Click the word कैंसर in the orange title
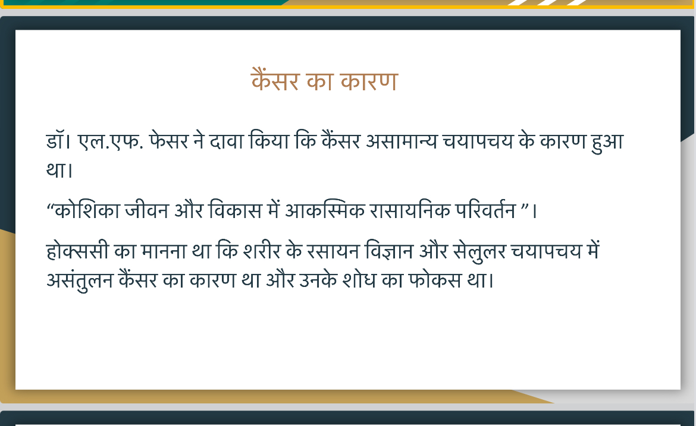(x=275, y=80)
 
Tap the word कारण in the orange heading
(x=369, y=81)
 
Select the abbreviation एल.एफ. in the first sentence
(x=111, y=141)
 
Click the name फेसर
(x=169, y=140)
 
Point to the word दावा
(x=227, y=141)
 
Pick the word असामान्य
(x=402, y=141)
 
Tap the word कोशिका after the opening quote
(x=87, y=210)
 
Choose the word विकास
(x=235, y=210)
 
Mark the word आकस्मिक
(x=324, y=210)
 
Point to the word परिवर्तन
(x=485, y=210)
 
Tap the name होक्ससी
(x=77, y=251)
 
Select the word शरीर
(x=262, y=251)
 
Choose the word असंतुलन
(x=80, y=280)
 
